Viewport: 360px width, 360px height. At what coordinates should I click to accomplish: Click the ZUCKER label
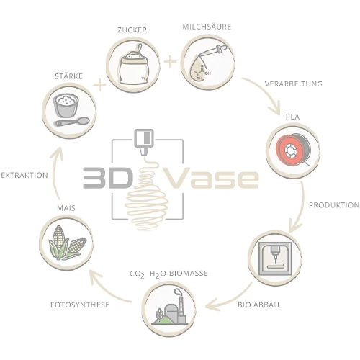pyautogui.click(x=132, y=30)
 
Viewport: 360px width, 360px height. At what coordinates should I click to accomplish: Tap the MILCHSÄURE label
pyautogui.click(x=207, y=27)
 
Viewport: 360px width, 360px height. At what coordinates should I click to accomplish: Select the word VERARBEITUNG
pyautogui.click(x=293, y=84)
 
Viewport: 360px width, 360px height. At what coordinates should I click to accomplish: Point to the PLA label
pyautogui.click(x=292, y=117)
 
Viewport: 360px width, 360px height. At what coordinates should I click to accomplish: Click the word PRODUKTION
pyautogui.click(x=334, y=205)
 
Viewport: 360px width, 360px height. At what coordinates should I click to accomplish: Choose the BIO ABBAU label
pyautogui.click(x=258, y=305)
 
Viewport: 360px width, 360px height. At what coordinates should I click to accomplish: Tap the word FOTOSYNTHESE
pyautogui.click(x=80, y=305)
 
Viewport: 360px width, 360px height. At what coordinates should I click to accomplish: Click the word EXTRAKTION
pyautogui.click(x=24, y=175)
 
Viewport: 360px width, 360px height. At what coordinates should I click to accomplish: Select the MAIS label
pyautogui.click(x=66, y=208)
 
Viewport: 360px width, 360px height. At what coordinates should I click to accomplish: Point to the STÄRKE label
pyautogui.click(x=68, y=76)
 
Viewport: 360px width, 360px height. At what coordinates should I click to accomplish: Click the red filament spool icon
pyautogui.click(x=293, y=150)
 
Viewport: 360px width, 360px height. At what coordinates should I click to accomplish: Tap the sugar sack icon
pyautogui.click(x=134, y=65)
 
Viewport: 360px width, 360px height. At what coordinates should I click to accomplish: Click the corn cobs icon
pyautogui.click(x=67, y=243)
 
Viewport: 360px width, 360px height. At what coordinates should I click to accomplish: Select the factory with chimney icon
pyautogui.click(x=169, y=307)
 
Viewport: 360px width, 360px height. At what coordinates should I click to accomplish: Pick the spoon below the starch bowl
pyautogui.click(x=71, y=122)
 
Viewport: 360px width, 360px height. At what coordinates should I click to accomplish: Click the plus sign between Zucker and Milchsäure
pyautogui.click(x=170, y=62)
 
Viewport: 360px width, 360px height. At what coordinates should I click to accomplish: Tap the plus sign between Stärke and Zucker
pyautogui.click(x=99, y=84)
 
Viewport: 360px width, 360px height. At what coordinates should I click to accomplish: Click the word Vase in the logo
pyautogui.click(x=211, y=178)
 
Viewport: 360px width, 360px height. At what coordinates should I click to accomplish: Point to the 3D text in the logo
pyautogui.click(x=108, y=178)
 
